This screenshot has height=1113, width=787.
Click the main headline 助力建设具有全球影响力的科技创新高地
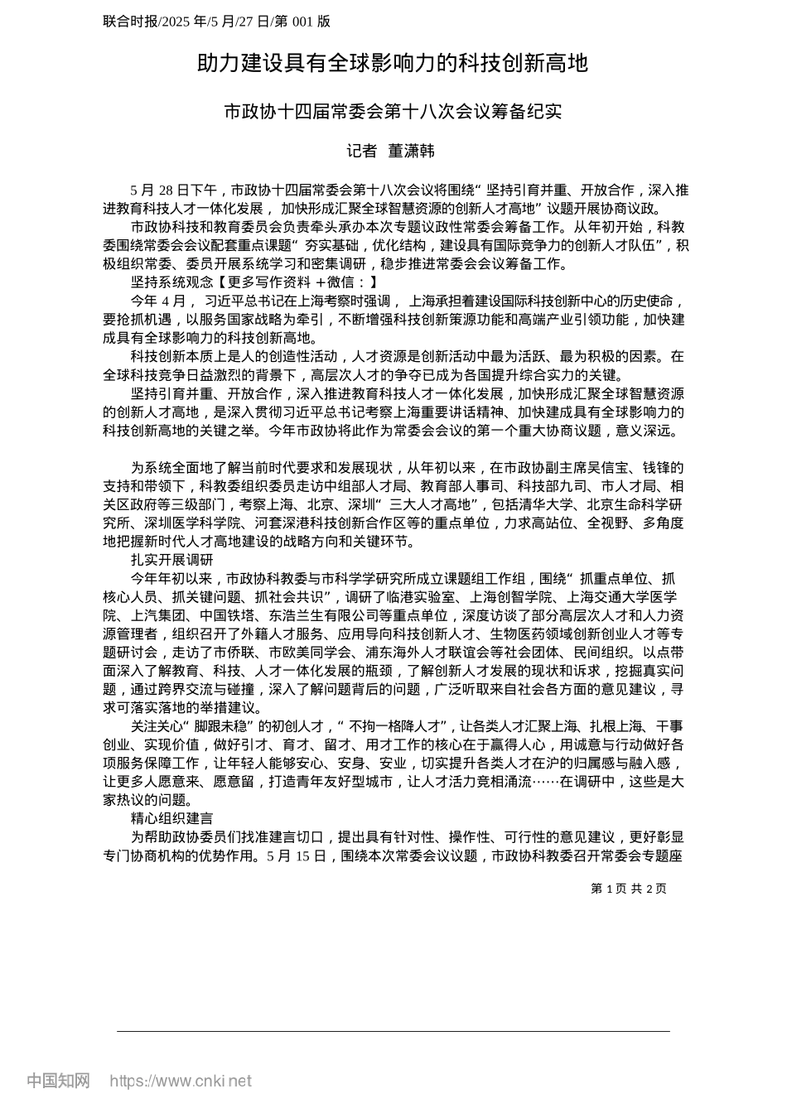(393, 64)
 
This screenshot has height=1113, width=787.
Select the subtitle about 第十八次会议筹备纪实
(393, 111)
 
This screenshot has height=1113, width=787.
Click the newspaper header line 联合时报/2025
(217, 22)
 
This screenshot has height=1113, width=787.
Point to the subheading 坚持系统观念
(167, 282)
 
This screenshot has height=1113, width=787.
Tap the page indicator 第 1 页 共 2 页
(629, 889)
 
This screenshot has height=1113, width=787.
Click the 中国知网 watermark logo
(58, 1081)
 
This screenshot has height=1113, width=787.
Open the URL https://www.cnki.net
(181, 1081)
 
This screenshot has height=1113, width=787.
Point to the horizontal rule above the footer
(393, 1031)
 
